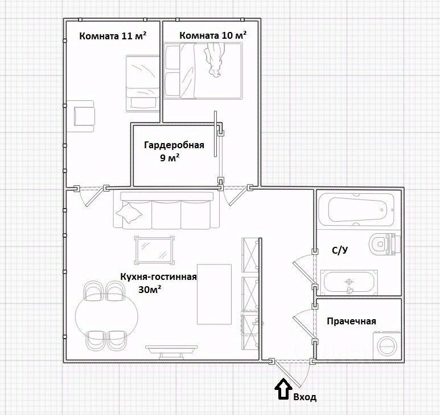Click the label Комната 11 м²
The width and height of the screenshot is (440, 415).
click(x=113, y=36)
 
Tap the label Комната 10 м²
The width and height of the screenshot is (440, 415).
click(x=213, y=35)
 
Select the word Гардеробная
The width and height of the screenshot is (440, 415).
click(x=174, y=145)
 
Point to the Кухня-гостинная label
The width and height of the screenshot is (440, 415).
click(x=159, y=276)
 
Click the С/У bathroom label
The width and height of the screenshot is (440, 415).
click(x=340, y=250)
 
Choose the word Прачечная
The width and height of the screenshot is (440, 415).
click(x=351, y=321)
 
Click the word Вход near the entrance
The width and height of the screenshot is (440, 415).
click(x=305, y=397)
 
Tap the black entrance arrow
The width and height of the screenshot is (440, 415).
click(x=283, y=389)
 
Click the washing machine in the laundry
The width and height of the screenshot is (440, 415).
click(x=386, y=345)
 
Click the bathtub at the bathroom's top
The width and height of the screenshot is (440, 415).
click(x=357, y=209)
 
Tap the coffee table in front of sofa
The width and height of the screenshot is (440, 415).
click(x=154, y=250)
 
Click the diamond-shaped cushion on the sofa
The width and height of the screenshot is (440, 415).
click(x=129, y=213)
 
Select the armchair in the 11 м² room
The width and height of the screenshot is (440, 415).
click(x=84, y=116)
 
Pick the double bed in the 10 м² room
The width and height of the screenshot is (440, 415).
click(x=203, y=71)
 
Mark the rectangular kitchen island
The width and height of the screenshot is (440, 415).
click(x=215, y=294)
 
